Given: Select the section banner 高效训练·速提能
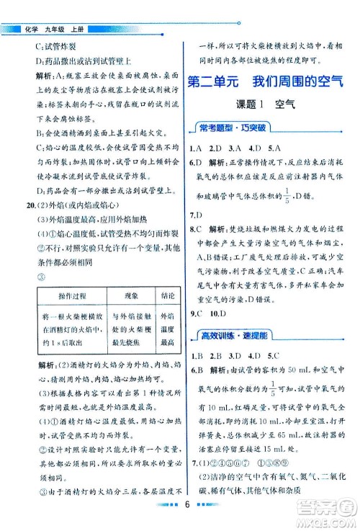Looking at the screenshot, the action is click(228, 335).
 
